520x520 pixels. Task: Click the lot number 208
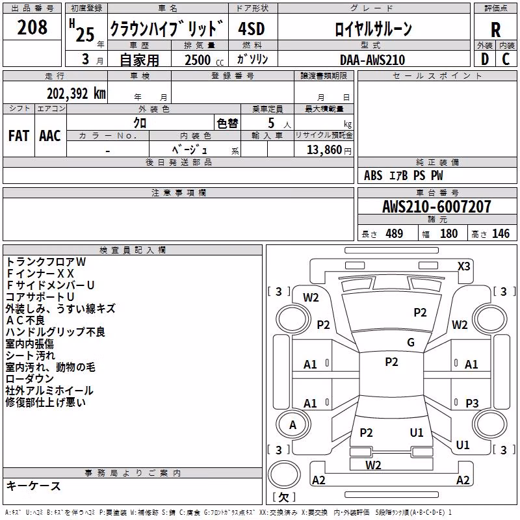coord(32,27)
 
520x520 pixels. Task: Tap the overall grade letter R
coord(495,30)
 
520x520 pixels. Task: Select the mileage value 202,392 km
coord(76,94)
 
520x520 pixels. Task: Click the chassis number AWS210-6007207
coord(437,206)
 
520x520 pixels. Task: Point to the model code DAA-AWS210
coord(372,60)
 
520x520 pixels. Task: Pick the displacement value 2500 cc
coord(204,60)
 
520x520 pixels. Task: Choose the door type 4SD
coord(252,29)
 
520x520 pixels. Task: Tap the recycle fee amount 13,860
coord(324,150)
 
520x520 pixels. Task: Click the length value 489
coord(394,233)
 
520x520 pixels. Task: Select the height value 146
coord(500,233)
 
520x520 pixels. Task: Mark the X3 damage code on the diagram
coord(463,266)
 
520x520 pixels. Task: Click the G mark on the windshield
coord(411,343)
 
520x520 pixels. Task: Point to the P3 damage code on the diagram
coord(472,403)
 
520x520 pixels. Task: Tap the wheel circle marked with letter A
coord(293,425)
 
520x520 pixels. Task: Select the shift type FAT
coord(19,136)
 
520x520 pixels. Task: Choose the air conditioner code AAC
coord(50,136)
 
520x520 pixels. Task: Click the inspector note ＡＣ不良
coord(25,320)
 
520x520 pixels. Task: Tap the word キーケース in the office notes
coord(34,486)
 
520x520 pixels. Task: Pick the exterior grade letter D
coord(485,59)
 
